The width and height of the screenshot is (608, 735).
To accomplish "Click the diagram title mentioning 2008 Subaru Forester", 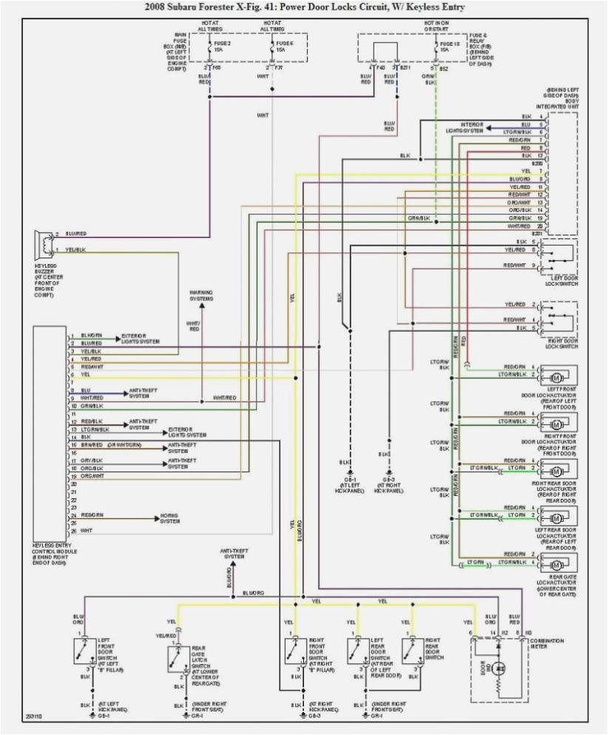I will click(x=303, y=7).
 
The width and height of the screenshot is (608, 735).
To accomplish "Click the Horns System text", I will click(x=170, y=518).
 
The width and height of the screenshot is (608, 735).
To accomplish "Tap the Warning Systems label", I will click(x=200, y=296).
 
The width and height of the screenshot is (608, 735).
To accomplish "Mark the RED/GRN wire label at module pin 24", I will click(x=92, y=514).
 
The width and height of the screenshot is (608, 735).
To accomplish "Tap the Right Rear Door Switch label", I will click(x=433, y=648).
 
